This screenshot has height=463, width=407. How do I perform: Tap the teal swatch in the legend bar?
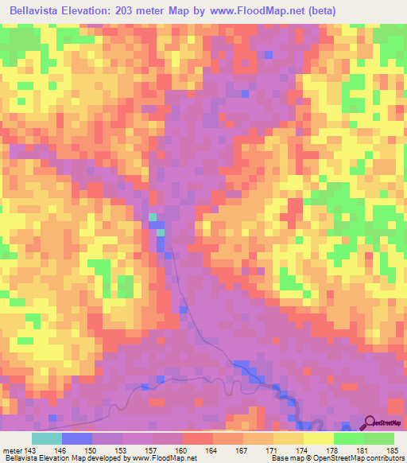(x=47, y=438)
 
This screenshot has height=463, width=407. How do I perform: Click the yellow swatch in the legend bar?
(x=319, y=438)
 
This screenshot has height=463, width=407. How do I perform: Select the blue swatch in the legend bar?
(x=77, y=438)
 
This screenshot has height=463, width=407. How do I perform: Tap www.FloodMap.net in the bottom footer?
(x=165, y=457)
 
